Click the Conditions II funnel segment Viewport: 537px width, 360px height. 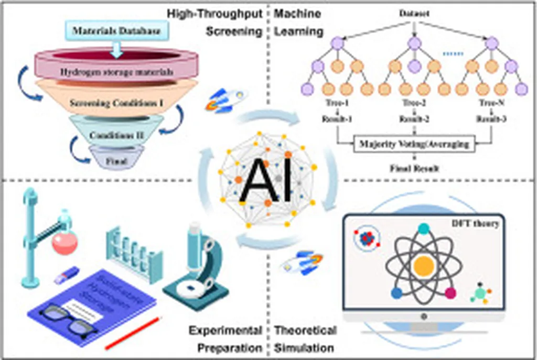[116, 135]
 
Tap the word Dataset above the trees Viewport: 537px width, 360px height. [414, 14]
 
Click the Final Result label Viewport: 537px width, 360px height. [414, 169]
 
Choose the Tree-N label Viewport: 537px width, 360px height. [490, 103]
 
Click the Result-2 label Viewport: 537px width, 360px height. [414, 120]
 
